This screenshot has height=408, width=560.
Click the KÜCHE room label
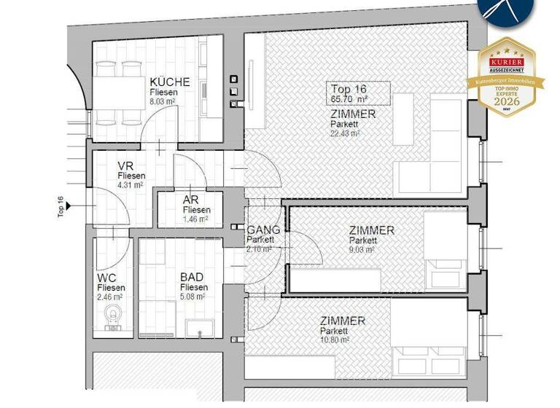tap(169, 82)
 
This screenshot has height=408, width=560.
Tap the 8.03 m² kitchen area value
tap(163, 103)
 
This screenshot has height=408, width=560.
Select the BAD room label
tap(193, 278)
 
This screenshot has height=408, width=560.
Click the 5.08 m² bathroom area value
tap(193, 297)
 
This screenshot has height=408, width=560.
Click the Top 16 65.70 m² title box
tap(357, 93)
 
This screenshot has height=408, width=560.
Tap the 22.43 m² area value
tap(345, 133)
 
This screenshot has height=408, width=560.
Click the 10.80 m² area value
tap(335, 340)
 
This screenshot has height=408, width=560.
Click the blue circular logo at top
tap(505, 11)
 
